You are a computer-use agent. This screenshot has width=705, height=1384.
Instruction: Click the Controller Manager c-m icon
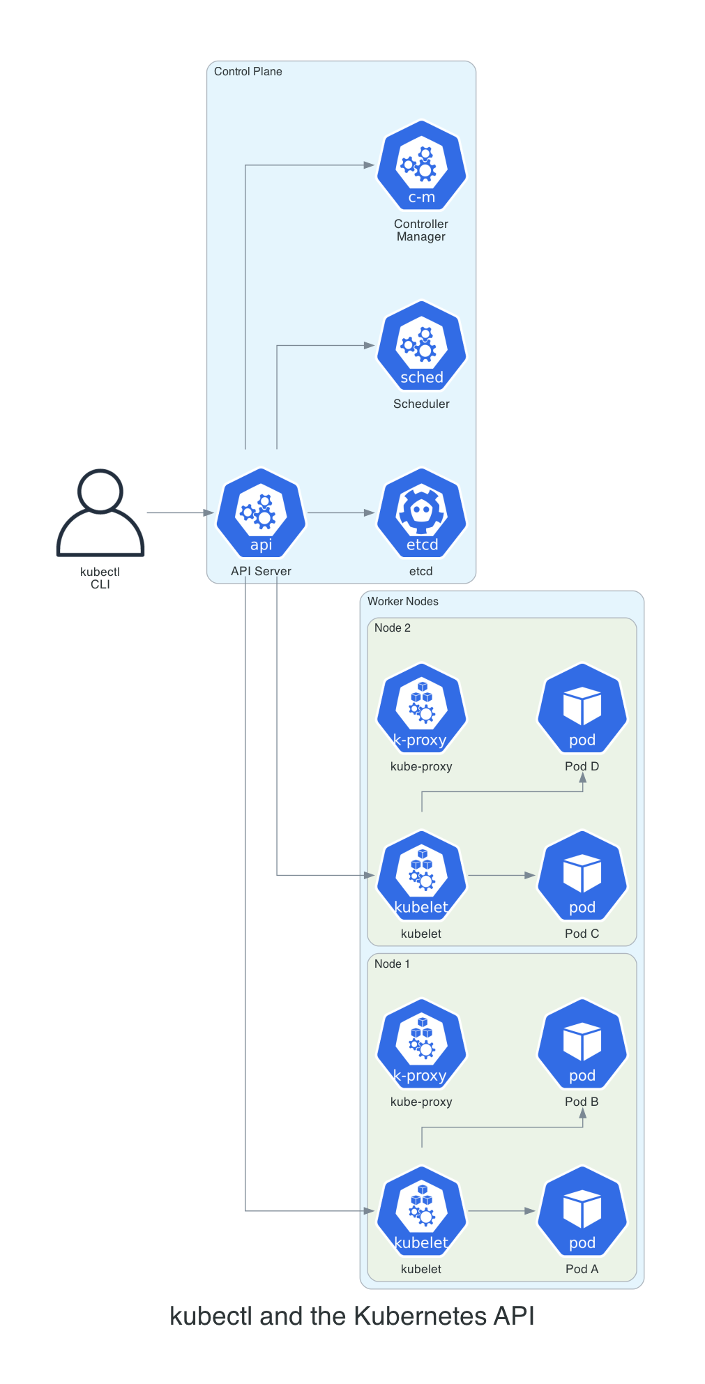pos(421,166)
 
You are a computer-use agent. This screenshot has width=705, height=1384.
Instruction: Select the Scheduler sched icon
pos(421,346)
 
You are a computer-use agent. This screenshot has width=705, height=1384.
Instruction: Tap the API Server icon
pos(261,513)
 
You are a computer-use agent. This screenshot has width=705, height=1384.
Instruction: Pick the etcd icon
pos(421,513)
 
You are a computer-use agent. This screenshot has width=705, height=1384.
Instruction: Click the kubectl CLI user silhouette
pos(100,512)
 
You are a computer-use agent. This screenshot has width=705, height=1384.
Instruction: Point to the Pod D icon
pos(582,708)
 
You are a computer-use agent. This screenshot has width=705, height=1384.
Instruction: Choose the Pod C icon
pos(582,876)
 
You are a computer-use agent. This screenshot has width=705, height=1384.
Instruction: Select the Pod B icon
pos(582,1044)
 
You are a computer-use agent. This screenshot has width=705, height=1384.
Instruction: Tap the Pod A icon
pos(582,1211)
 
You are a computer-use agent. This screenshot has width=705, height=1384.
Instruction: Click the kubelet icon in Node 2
pos(421,876)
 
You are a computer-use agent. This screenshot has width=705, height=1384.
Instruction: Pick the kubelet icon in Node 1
pos(421,1211)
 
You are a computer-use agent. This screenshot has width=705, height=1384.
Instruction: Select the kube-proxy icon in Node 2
pos(421,708)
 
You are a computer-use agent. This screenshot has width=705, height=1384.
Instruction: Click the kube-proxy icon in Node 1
pos(421,1044)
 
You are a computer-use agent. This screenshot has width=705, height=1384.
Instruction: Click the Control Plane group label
pos(248,72)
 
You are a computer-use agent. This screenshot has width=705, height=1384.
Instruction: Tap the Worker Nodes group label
pos(402,602)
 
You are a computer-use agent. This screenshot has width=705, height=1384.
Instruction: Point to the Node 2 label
pos(392,628)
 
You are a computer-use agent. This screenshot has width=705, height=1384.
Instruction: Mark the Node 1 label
pos(392,964)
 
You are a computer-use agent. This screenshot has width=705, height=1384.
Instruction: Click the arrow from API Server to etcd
pos(341,513)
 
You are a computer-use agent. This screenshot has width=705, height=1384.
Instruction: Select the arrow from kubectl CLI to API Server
pos(180,513)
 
